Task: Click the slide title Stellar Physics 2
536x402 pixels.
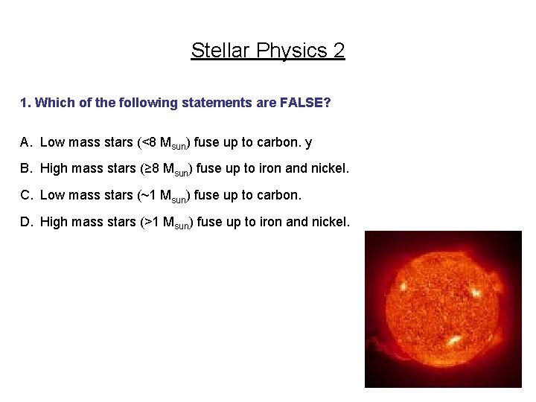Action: tap(268, 51)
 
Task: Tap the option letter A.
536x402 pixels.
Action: tap(25, 141)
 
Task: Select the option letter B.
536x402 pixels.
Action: tap(25, 168)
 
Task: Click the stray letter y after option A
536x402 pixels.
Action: tap(308, 142)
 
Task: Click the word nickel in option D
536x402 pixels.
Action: tap(330, 222)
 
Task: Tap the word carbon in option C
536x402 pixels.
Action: tap(280, 195)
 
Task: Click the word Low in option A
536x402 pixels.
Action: tap(52, 141)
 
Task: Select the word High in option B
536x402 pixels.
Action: tap(54, 168)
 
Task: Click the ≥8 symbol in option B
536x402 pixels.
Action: tap(151, 168)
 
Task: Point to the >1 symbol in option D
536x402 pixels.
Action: tap(151, 222)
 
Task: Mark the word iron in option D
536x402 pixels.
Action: tap(268, 222)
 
